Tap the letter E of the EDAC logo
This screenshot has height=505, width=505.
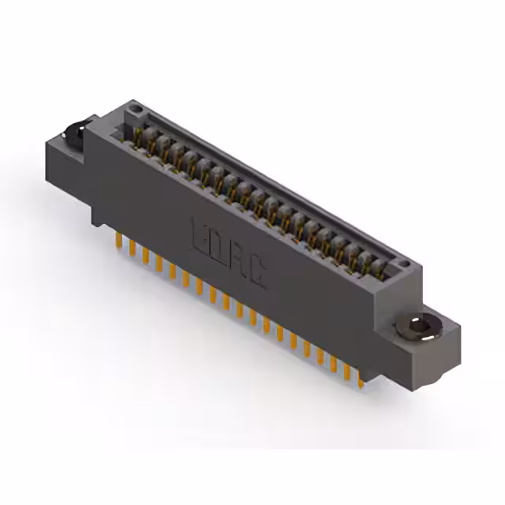(200, 234)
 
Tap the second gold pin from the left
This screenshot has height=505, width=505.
(131, 249)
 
